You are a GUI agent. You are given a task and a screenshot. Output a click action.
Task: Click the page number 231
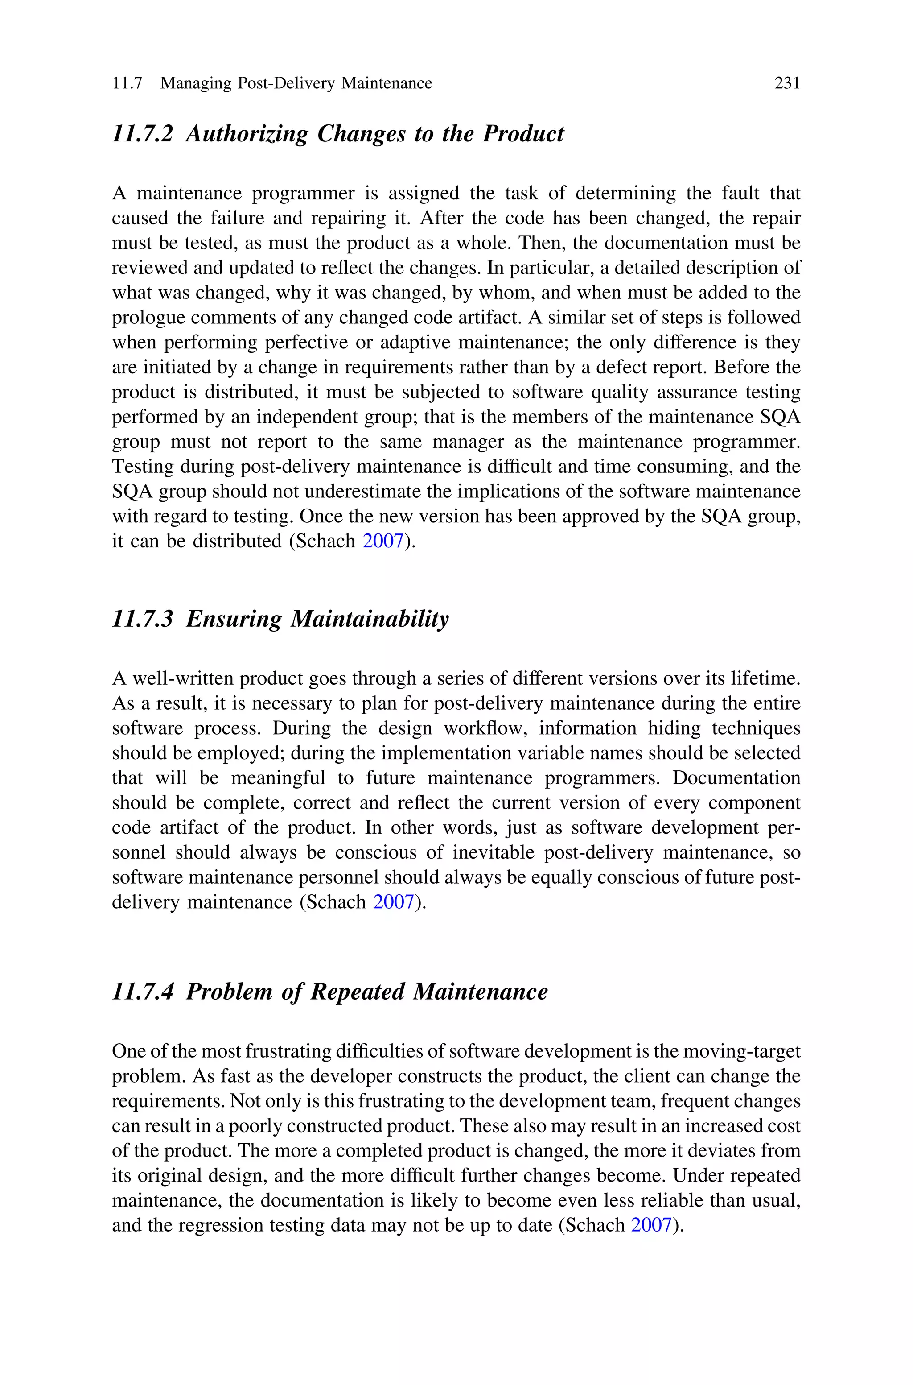[787, 83]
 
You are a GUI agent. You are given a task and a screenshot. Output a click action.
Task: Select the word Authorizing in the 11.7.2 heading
[247, 134]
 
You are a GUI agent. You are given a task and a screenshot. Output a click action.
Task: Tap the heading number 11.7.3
[143, 619]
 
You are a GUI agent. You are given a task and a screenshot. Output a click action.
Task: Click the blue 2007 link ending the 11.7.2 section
[382, 541]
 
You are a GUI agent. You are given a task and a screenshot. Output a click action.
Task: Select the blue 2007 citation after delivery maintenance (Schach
[393, 902]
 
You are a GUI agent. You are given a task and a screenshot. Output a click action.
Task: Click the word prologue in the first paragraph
[148, 318]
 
